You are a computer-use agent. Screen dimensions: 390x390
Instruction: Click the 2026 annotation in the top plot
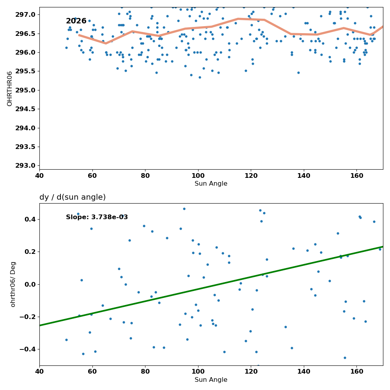(x=76, y=21)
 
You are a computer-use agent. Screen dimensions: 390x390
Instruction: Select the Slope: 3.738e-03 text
(x=97, y=217)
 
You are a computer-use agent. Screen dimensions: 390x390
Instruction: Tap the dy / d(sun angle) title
(x=73, y=197)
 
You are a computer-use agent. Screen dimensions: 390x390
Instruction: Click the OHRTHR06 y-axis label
(x=9, y=89)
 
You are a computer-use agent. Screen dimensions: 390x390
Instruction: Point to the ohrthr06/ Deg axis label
(x=13, y=284)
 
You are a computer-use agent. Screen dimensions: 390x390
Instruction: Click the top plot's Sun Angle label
(x=211, y=184)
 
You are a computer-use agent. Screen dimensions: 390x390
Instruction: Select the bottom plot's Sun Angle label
(x=211, y=380)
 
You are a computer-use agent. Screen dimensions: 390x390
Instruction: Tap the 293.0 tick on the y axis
(x=25, y=166)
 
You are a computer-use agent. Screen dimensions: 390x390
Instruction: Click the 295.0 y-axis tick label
(x=25, y=90)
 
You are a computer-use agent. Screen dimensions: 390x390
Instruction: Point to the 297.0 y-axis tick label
(x=25, y=15)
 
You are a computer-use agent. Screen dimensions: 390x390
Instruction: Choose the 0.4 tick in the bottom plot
(x=30, y=219)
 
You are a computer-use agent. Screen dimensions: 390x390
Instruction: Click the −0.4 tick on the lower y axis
(x=27, y=349)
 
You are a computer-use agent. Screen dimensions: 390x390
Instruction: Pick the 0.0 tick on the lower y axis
(x=30, y=284)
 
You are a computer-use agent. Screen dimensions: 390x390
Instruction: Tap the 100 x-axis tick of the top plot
(x=198, y=176)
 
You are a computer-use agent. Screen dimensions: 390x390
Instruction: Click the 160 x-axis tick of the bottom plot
(x=357, y=372)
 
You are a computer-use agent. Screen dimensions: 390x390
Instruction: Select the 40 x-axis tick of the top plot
(x=39, y=176)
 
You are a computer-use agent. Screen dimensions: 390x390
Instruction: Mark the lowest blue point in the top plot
(x=200, y=77)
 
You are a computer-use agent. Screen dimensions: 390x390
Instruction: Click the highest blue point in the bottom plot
(x=184, y=209)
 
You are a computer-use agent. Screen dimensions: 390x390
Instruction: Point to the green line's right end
(x=383, y=247)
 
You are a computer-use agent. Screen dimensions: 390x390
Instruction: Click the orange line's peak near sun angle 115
(x=238, y=19)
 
